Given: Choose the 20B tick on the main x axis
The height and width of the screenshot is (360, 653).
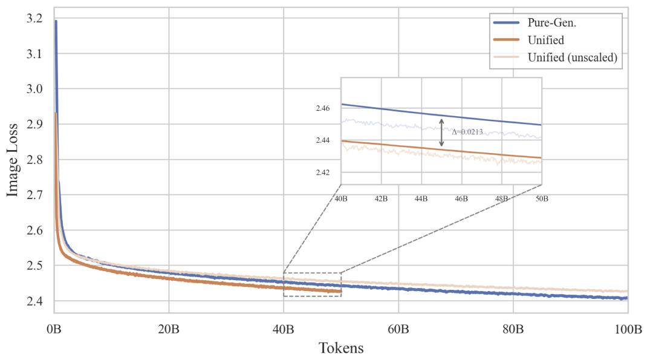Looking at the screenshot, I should (169, 330).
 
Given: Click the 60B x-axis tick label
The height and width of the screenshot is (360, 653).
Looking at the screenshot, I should (398, 330).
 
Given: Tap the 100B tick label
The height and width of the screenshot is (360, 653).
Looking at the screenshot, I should (628, 330).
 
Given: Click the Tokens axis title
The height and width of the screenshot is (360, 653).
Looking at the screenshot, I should (341, 348).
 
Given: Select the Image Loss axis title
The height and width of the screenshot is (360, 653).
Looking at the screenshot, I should (13, 160).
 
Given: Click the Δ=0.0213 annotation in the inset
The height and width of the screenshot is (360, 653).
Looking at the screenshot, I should (467, 131).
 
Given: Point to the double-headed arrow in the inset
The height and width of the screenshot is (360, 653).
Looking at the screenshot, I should (442, 133).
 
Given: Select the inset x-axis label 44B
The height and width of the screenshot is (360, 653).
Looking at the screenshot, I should (421, 198).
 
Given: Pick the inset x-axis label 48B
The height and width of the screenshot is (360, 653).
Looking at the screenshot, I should (502, 198).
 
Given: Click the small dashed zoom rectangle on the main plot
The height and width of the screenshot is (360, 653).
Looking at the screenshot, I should (312, 284).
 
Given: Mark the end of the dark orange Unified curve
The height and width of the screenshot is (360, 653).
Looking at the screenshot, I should (341, 292).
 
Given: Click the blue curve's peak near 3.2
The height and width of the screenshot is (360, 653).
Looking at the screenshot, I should (56, 21).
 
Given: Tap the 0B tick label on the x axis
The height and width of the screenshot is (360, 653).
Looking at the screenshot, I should (54, 330).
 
